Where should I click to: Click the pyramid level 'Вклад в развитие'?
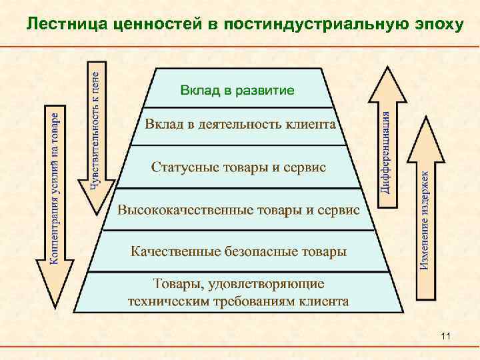(237, 89)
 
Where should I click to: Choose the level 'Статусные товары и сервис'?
(238, 167)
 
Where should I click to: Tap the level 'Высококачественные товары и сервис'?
(238, 210)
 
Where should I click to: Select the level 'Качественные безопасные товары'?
(238, 252)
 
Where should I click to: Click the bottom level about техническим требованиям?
(238, 293)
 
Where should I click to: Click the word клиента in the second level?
(311, 125)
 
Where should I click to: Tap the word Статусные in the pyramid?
(179, 167)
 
